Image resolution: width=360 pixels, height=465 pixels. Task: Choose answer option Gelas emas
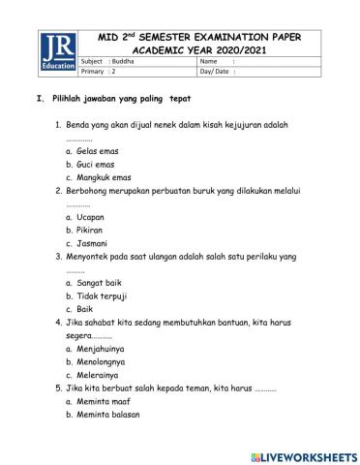pyautogui.click(x=97, y=152)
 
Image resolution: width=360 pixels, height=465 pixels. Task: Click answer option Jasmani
pyautogui.click(x=93, y=243)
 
